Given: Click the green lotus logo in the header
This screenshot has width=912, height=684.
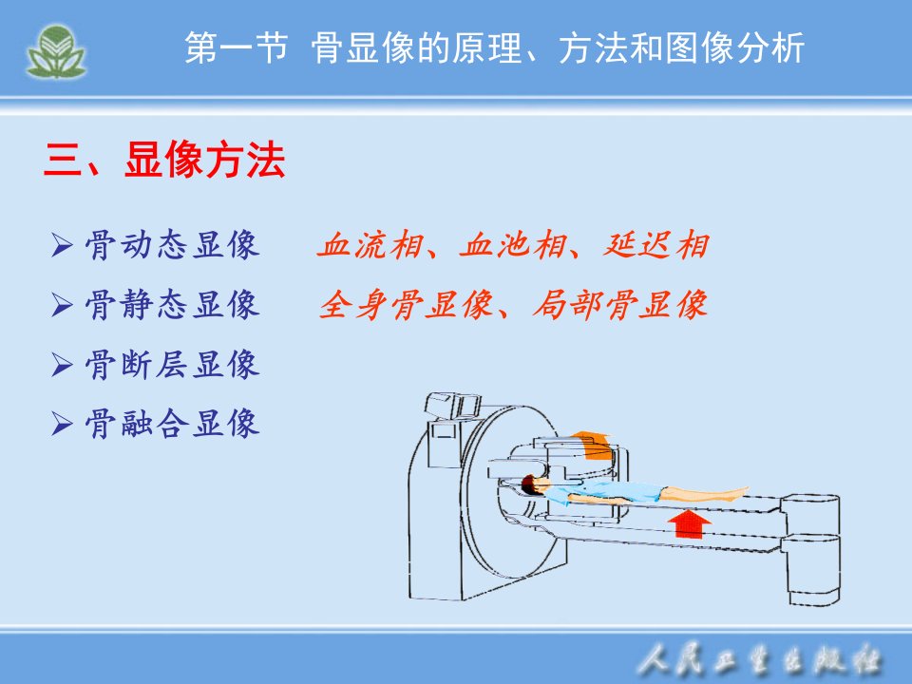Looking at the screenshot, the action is [56, 51].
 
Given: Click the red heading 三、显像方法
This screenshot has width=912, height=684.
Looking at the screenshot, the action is [164, 160].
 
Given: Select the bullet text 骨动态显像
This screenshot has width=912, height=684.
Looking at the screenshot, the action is [172, 245].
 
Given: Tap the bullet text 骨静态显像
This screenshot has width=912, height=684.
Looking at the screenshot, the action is [172, 304].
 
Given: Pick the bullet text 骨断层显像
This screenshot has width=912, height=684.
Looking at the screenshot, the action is [172, 364].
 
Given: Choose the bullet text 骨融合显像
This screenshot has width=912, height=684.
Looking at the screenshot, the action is [172, 423].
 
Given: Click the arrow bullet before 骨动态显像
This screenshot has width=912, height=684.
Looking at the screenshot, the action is [62, 245].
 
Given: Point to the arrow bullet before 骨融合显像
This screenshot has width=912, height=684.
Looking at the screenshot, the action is [62, 423].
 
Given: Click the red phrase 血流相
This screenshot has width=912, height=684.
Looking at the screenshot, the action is [370, 245].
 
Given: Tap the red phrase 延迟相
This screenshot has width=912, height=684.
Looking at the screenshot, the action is [656, 245].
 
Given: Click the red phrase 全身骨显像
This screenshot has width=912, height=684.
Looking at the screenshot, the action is [406, 305].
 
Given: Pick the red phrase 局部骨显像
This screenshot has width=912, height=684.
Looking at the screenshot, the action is [620, 305].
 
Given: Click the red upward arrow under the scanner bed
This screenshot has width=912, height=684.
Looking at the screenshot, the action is [690, 522].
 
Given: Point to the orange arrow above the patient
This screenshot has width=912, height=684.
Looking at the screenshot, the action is [593, 445].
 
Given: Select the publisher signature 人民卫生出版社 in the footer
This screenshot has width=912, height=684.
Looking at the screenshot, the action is [759, 660].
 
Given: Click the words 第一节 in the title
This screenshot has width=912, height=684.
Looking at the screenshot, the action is [237, 47].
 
